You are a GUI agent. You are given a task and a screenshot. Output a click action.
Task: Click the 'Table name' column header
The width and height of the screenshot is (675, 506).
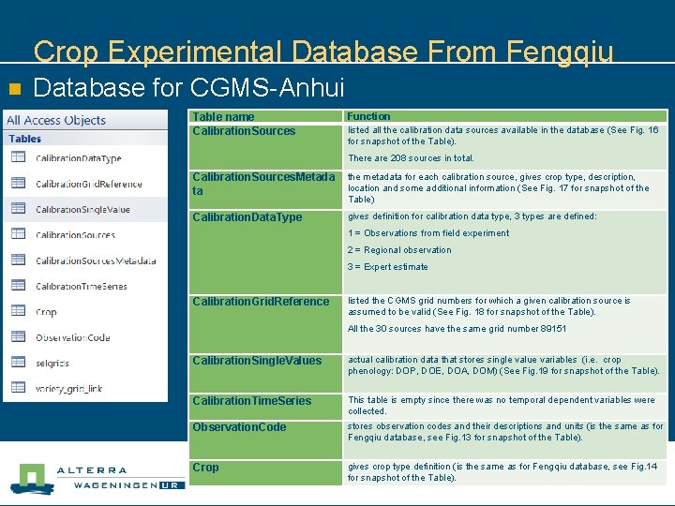point(223,116)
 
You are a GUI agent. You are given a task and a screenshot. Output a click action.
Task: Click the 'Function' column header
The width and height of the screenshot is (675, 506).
point(368,116)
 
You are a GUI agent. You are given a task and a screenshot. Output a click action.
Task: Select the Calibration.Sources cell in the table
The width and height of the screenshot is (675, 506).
point(244,131)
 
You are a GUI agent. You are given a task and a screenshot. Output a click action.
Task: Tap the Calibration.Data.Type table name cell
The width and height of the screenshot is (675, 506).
point(247,217)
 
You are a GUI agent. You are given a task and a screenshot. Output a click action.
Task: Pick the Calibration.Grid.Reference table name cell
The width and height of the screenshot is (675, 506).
point(261,302)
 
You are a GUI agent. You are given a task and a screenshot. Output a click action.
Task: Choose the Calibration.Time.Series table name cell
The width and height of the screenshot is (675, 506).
point(251,401)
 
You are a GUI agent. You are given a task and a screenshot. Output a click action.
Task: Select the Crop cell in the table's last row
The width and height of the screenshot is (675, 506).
point(205,468)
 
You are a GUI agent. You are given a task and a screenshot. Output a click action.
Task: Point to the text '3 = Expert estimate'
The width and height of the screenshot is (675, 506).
point(387,267)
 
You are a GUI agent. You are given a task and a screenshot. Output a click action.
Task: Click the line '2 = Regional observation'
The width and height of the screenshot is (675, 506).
point(399,250)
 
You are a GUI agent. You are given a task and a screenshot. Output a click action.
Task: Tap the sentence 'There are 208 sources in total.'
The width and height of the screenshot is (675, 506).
point(411,158)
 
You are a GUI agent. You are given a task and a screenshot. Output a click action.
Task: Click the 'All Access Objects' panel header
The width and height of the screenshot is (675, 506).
point(56,120)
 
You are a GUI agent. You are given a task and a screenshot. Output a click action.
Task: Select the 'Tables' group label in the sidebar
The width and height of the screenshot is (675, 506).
point(25,139)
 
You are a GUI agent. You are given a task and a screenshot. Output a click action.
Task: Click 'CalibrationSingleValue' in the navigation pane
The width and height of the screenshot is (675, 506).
point(82,209)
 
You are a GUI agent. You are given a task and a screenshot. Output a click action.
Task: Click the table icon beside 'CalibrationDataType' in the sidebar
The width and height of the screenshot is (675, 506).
point(18,157)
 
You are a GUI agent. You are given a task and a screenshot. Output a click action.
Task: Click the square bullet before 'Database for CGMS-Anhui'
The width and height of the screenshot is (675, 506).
point(14,89)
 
